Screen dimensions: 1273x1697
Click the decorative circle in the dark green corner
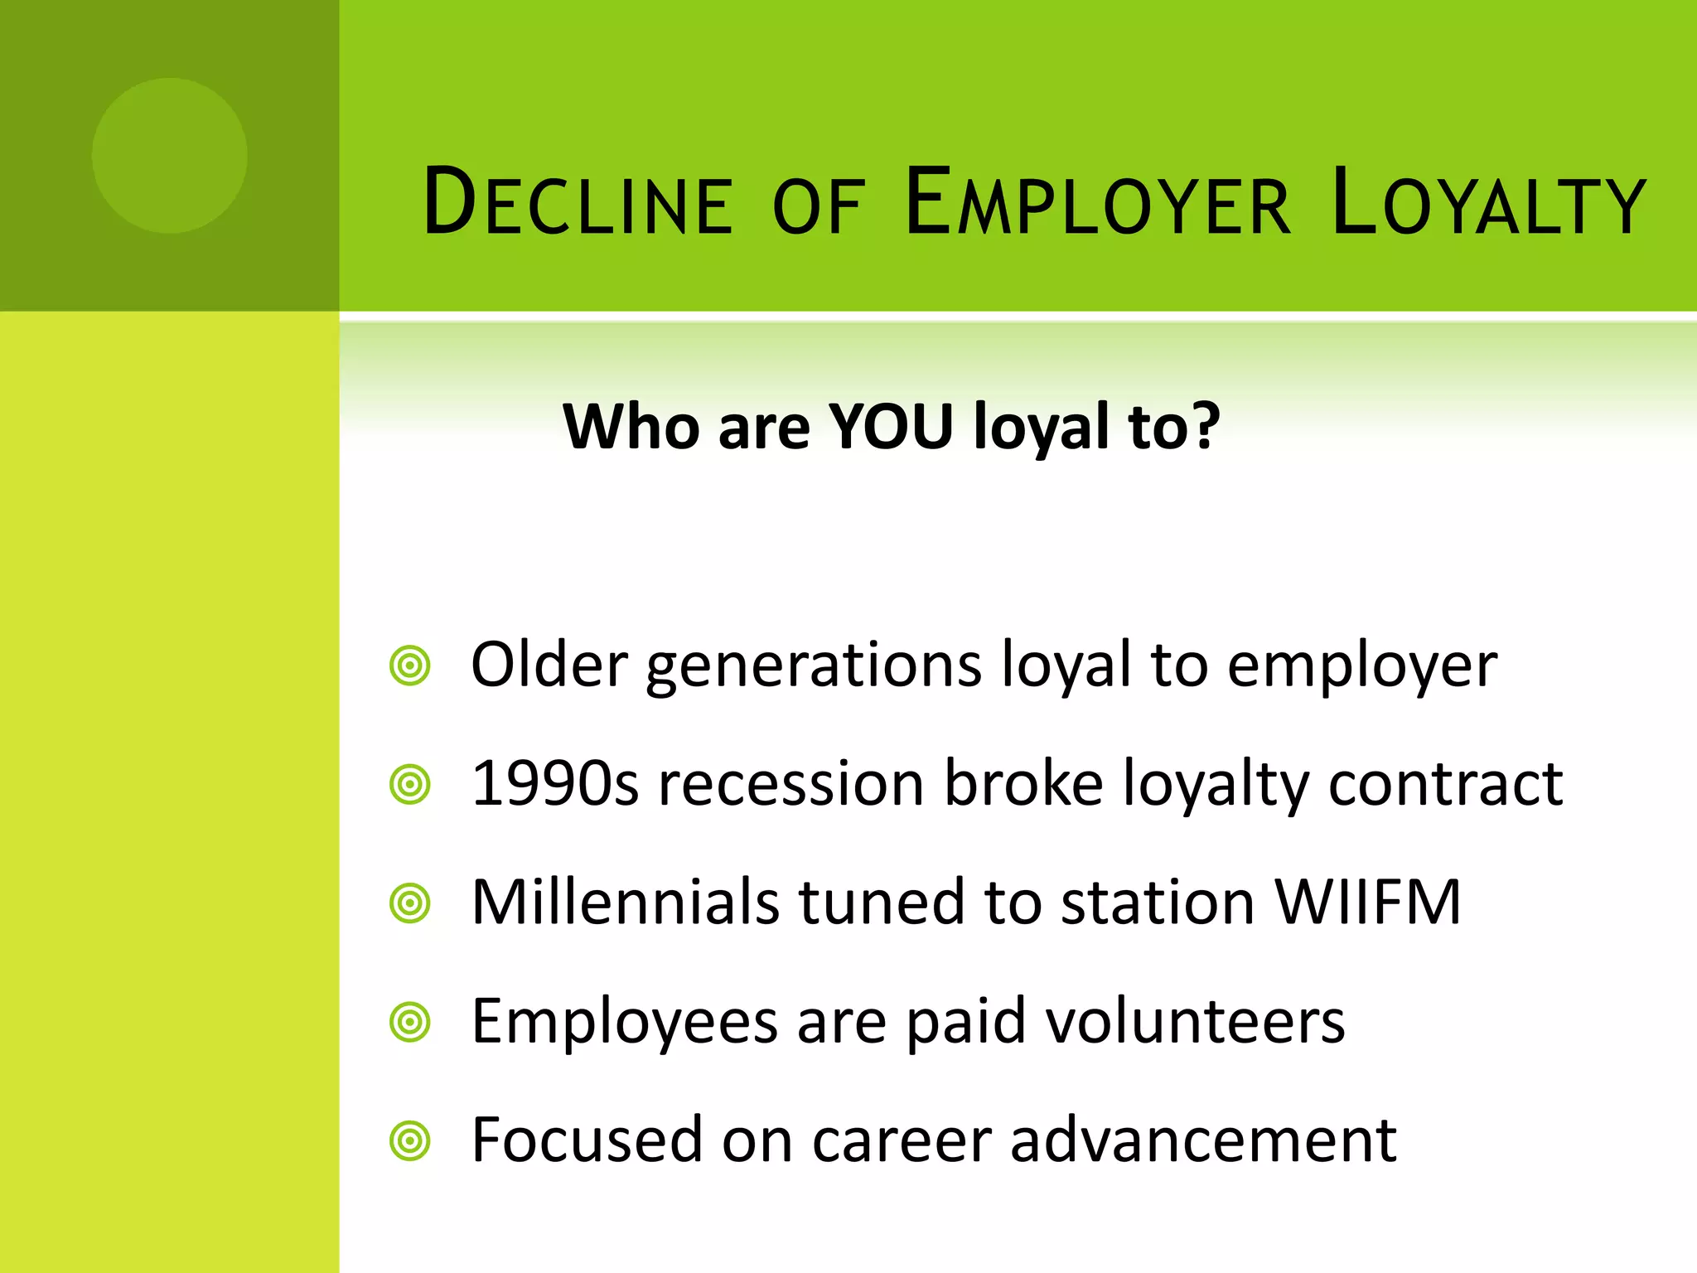pyautogui.click(x=169, y=156)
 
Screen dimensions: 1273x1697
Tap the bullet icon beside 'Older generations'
pyautogui.click(x=409, y=666)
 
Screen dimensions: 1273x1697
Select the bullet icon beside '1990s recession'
pyautogui.click(x=409, y=784)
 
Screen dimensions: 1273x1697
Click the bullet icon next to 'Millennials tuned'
pyautogui.click(x=409, y=903)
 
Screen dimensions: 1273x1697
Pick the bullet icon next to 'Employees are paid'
pyautogui.click(x=409, y=1022)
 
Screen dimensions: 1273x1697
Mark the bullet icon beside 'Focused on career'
pyautogui.click(x=409, y=1141)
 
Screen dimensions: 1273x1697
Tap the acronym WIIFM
pyautogui.click(x=1368, y=903)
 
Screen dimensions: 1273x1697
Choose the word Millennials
pyautogui.click(x=625, y=903)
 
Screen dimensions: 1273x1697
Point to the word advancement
pyautogui.click(x=1203, y=1140)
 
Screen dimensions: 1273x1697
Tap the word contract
pyautogui.click(x=1445, y=784)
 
